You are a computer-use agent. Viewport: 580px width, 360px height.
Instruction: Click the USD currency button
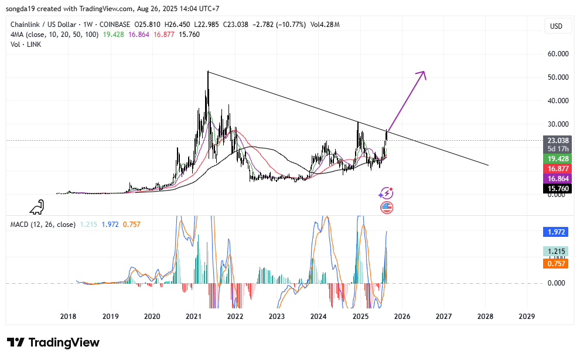tap(555, 26)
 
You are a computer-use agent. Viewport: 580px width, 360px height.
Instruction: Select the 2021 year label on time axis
tap(194, 316)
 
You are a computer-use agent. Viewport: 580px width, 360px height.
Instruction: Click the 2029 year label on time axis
tap(527, 316)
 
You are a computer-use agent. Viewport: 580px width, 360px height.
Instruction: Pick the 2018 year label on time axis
tap(69, 316)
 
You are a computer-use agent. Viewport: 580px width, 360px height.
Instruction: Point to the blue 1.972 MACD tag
tap(557, 232)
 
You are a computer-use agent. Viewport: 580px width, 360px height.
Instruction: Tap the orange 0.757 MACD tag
tap(557, 264)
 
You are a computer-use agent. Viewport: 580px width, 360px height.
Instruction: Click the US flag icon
tap(387, 207)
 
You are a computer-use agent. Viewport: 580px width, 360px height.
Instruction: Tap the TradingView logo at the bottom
tap(53, 342)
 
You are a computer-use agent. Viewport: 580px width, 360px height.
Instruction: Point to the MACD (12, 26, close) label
tap(42, 224)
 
